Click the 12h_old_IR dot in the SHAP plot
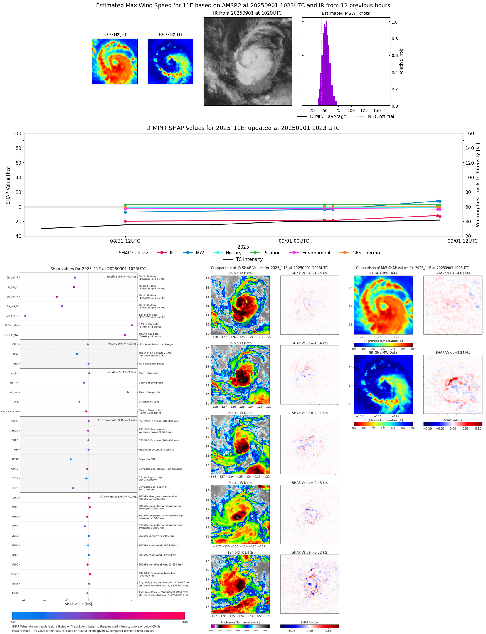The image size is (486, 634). pyautogui.click(x=25, y=316)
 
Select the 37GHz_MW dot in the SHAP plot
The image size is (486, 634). pyautogui.click(x=132, y=325)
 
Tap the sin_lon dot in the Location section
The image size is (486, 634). pyautogui.click(x=127, y=392)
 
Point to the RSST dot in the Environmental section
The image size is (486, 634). pyautogui.click(x=70, y=459)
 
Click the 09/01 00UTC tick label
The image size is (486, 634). pyautogui.click(x=294, y=241)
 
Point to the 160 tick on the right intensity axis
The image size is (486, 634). pyautogui.click(x=470, y=133)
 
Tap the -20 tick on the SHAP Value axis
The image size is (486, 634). pyautogui.click(x=18, y=222)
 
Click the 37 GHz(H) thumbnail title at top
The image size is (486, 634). pyautogui.click(x=115, y=34)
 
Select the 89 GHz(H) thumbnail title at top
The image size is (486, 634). pyautogui.click(x=170, y=34)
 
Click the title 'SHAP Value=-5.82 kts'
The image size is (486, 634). pyautogui.click(x=310, y=552)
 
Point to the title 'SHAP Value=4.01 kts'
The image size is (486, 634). pyautogui.click(x=453, y=273)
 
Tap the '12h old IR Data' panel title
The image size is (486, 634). pyautogui.click(x=240, y=552)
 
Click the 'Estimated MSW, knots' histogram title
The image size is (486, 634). pyautogui.click(x=346, y=13)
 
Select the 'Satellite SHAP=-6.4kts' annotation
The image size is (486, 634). pyautogui.click(x=121, y=276)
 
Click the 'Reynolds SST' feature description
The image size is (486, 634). pyautogui.click(x=147, y=459)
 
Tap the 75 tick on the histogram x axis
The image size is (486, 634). pyautogui.click(x=338, y=110)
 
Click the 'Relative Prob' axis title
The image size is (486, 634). pyautogui.click(x=401, y=62)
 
